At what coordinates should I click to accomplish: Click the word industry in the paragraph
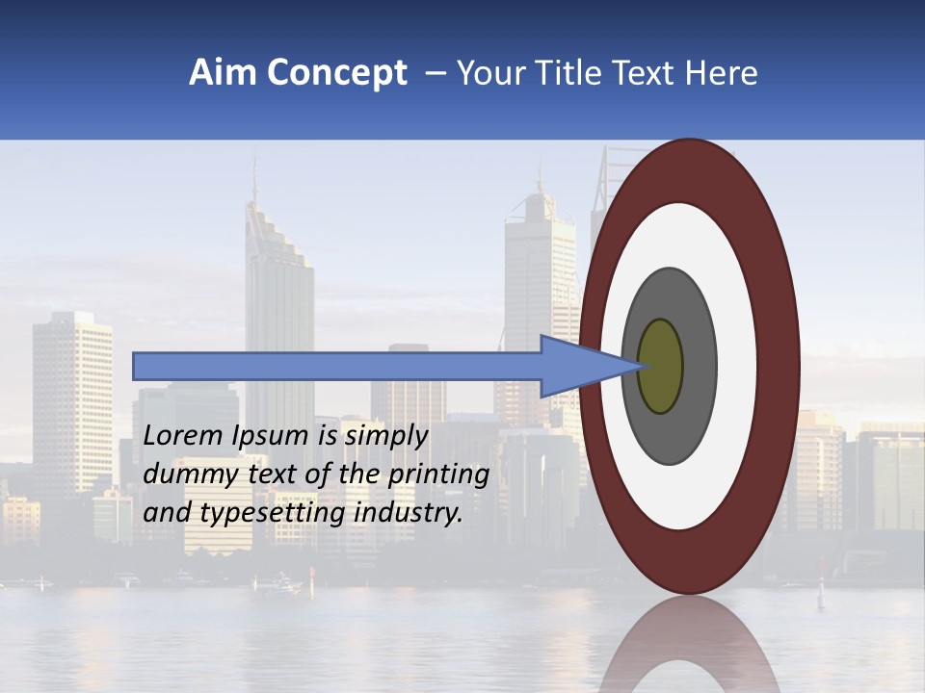click(409, 513)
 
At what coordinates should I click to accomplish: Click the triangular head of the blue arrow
click(578, 367)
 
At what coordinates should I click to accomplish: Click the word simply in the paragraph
click(385, 436)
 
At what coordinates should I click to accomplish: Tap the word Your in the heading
click(489, 73)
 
